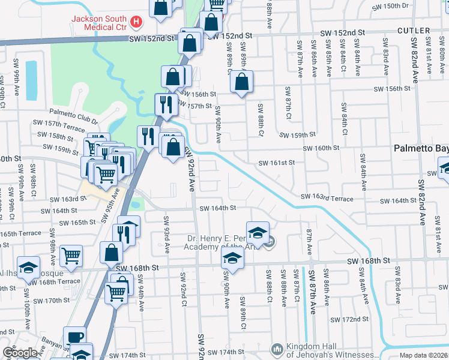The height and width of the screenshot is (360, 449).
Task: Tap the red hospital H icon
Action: [x=137, y=23]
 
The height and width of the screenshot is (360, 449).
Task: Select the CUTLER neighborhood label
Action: [x=413, y=31]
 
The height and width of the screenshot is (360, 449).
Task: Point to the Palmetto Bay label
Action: [x=420, y=148]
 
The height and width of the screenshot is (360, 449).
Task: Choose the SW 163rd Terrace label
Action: [x=332, y=197]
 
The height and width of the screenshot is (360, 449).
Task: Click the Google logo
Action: [x=19, y=353]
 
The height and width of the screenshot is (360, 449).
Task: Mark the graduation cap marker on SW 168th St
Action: [x=232, y=259]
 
